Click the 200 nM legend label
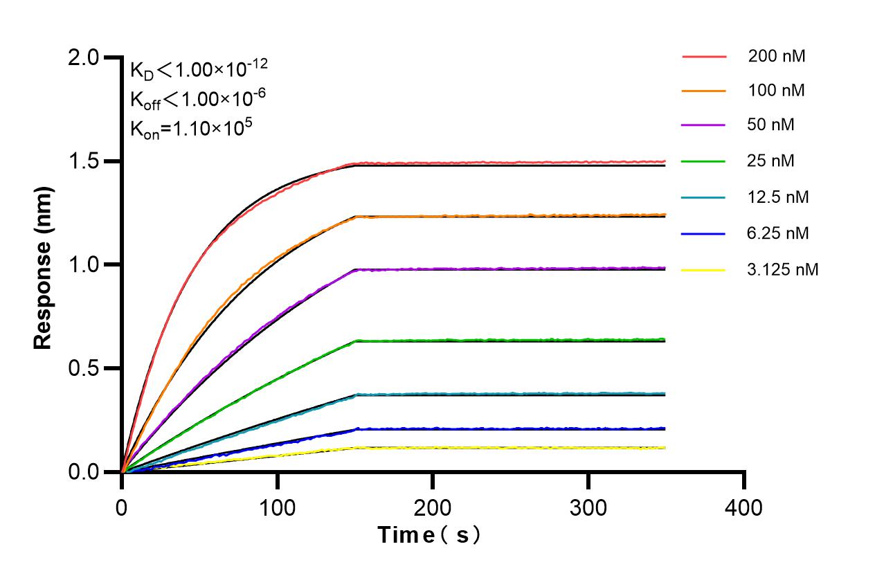pos(776,57)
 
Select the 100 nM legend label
pos(776,90)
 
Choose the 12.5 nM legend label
pos(778,197)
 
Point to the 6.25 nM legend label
pos(778,233)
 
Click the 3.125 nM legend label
pos(783,269)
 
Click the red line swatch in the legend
pos(704,57)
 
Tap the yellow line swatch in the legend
pos(704,269)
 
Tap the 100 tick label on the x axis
pos(277,507)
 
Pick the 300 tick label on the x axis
pos(588,507)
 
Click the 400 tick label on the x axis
pos(744,507)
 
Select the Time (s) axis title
pos(429,535)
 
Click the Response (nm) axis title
pos(44,265)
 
